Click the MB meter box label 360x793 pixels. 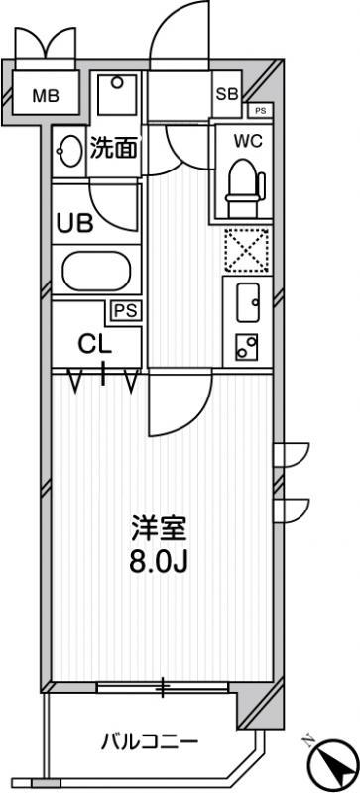pyautogui.click(x=46, y=95)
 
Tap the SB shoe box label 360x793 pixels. pyautogui.click(x=227, y=94)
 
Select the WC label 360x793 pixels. pyautogui.click(x=248, y=141)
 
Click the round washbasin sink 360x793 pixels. pyautogui.click(x=69, y=151)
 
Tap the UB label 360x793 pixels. pyautogui.click(x=74, y=223)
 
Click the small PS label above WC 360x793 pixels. pyautogui.click(x=260, y=111)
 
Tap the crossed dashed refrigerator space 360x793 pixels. pyautogui.click(x=247, y=250)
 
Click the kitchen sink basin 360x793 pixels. pyautogui.click(x=248, y=302)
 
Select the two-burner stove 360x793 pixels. pyautogui.click(x=247, y=347)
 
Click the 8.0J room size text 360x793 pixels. pyautogui.click(x=159, y=562)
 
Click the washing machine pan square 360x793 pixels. pyautogui.click(x=117, y=94)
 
